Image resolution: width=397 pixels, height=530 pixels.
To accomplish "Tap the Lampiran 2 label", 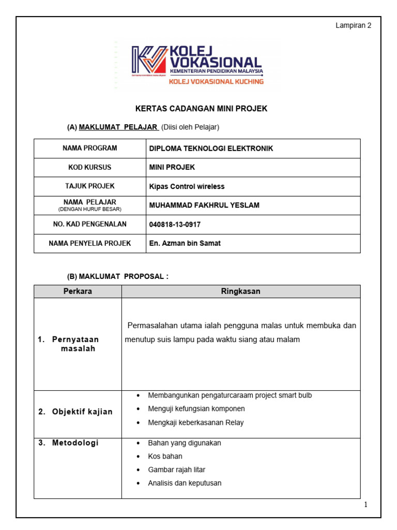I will point(354,25).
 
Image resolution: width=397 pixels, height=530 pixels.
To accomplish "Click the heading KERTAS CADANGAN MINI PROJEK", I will point(201,109).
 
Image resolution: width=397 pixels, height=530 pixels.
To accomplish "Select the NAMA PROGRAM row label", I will point(90,148).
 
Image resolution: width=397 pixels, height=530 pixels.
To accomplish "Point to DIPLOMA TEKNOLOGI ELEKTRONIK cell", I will point(211,149).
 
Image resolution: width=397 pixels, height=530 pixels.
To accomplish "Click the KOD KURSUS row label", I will point(90,167).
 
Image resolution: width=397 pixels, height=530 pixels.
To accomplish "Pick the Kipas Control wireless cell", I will point(187,186).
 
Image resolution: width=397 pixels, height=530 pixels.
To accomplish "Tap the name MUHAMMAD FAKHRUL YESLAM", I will point(204,205).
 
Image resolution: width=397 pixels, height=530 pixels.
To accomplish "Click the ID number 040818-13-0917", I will point(175,224).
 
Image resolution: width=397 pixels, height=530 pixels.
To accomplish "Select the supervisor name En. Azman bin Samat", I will point(185,243).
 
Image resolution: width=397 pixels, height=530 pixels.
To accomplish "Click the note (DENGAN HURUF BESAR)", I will point(90,209).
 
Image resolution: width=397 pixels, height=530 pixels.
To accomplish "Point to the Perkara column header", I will point(78,291).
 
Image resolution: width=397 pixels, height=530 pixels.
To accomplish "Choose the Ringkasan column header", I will point(241,291).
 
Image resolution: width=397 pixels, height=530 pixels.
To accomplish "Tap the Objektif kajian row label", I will point(75,412).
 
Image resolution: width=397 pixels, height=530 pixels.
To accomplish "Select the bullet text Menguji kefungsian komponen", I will point(196,408).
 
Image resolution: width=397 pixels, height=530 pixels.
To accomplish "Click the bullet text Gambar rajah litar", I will point(176,469).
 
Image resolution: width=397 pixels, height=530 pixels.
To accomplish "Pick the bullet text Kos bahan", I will point(165,456).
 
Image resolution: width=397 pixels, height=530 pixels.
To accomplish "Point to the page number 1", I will point(365,505).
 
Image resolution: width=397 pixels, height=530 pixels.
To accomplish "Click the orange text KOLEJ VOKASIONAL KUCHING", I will point(223,81).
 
